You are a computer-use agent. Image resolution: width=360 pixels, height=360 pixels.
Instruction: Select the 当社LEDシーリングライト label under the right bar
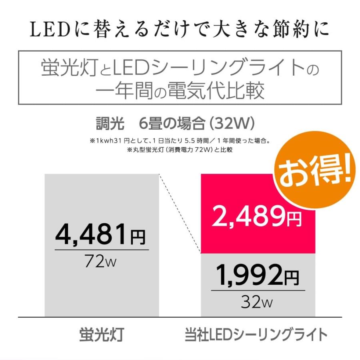(x=256, y=334)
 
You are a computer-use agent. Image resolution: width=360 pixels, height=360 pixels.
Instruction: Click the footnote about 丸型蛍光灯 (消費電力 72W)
(x=180, y=150)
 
